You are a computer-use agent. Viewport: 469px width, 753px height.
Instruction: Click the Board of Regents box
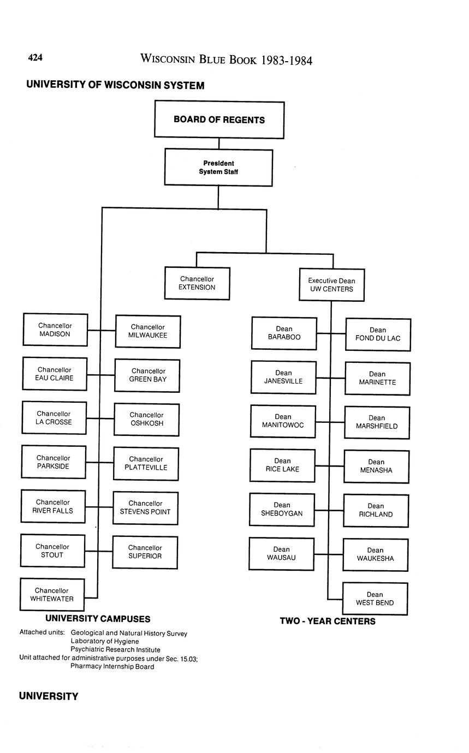point(219,119)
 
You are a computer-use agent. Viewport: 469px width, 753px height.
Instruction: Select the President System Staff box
point(218,168)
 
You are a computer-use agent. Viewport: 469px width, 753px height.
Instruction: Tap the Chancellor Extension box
point(197,283)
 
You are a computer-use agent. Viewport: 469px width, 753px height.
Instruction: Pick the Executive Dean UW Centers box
point(331,285)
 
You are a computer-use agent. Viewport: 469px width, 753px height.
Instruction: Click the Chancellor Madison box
point(55,330)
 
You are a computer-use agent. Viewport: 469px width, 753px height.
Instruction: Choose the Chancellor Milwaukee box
point(147,331)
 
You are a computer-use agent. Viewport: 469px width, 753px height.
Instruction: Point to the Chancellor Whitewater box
point(52,594)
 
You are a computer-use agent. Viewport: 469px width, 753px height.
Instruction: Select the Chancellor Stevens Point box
point(145,507)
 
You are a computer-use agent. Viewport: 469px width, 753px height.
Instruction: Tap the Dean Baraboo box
point(284,333)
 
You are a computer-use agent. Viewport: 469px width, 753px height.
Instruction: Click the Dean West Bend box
point(375,599)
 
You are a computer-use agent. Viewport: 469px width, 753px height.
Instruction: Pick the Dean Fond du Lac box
point(378,334)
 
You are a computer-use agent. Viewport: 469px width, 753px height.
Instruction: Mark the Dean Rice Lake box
point(282,465)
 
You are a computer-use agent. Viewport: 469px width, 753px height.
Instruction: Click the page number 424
point(35,58)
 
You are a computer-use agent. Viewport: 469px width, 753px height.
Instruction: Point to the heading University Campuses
point(98,619)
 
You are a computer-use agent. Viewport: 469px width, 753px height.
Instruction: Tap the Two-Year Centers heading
point(328,621)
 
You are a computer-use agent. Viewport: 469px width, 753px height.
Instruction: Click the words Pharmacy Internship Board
point(112,666)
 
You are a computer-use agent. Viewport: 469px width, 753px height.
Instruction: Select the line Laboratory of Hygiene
point(105,641)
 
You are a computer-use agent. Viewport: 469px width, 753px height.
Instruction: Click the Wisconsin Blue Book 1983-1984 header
point(226,59)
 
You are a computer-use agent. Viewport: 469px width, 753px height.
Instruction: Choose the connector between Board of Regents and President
point(219,144)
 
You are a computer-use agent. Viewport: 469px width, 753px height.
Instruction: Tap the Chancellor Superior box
point(145,552)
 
